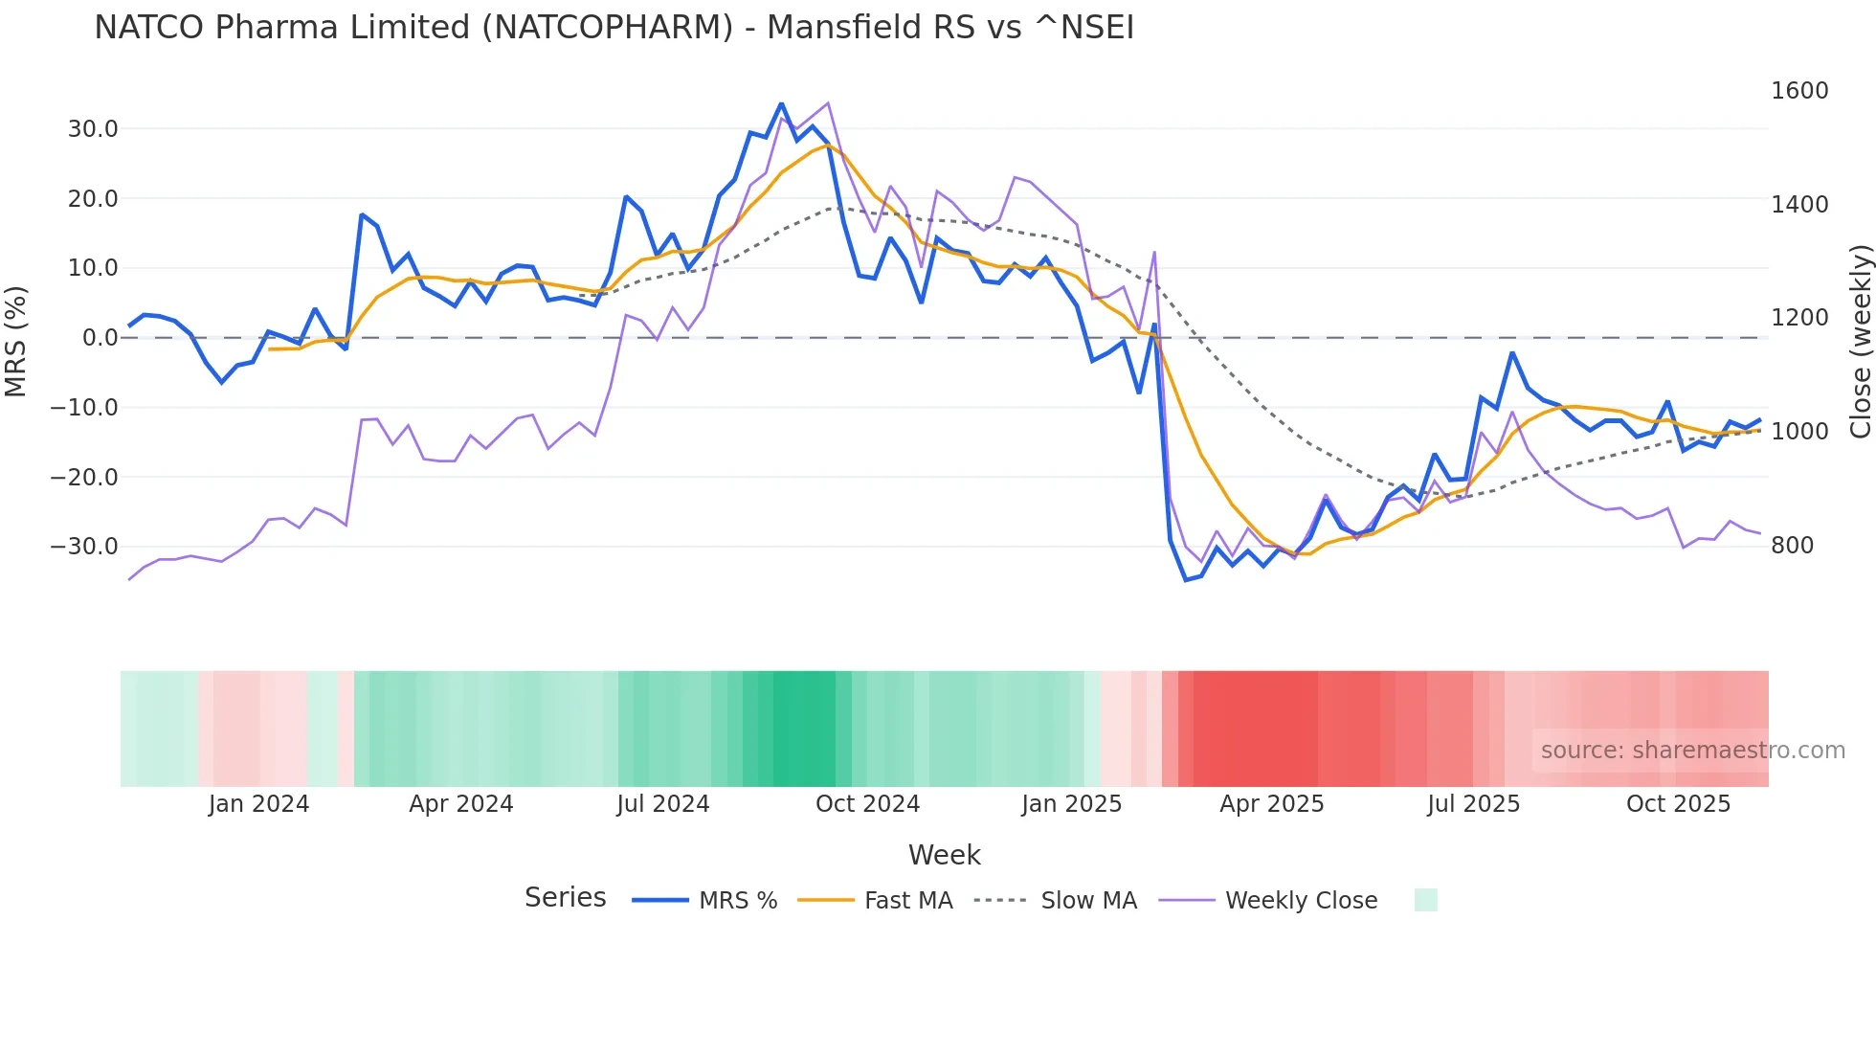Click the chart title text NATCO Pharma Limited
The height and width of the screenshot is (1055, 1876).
pyautogui.click(x=613, y=27)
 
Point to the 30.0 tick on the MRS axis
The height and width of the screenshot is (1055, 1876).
pyautogui.click(x=93, y=129)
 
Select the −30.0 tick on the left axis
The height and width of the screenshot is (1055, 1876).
pyautogui.click(x=84, y=547)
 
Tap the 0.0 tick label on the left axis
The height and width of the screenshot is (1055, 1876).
pyautogui.click(x=100, y=338)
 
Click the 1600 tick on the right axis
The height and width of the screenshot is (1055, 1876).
pyautogui.click(x=1799, y=91)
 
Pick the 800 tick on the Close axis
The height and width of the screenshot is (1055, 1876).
pyautogui.click(x=1793, y=546)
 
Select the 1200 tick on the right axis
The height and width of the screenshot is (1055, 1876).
pyautogui.click(x=1799, y=318)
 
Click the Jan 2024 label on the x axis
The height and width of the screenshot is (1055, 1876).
pyautogui.click(x=258, y=804)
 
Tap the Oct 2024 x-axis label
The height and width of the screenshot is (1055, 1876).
pyautogui.click(x=867, y=804)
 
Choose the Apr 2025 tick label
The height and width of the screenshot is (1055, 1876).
pyautogui.click(x=1271, y=804)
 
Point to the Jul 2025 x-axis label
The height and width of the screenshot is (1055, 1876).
pyautogui.click(x=1473, y=804)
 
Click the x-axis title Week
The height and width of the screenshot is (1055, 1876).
pyautogui.click(x=944, y=855)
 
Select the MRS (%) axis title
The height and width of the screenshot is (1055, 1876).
pyautogui.click(x=16, y=341)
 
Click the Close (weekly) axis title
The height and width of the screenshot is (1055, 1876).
pyautogui.click(x=1860, y=341)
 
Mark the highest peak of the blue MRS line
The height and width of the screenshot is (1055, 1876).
pyautogui.click(x=781, y=103)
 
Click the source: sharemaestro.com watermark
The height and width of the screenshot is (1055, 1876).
pyautogui.click(x=1692, y=751)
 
